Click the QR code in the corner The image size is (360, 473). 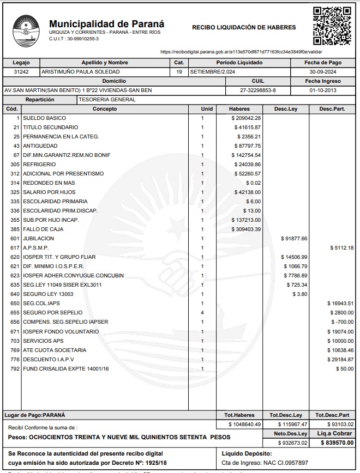point(332,26)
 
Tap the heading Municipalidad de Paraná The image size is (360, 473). point(106,24)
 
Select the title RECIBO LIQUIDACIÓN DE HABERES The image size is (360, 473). point(244,27)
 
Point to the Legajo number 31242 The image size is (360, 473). point(21,72)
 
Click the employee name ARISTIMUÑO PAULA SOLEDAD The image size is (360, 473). point(81,72)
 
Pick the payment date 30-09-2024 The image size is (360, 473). point(324,72)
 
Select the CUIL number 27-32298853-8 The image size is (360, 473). point(258,90)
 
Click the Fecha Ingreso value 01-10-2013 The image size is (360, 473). point(323,90)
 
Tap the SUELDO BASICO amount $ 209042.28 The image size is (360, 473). point(246,118)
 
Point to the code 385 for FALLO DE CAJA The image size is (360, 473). point(15,229)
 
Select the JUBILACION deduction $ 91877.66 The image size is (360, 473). point(294,239)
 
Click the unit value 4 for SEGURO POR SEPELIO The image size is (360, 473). point(202,313)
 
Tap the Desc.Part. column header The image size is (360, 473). point(332,109)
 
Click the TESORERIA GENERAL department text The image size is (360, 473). point(107,100)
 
